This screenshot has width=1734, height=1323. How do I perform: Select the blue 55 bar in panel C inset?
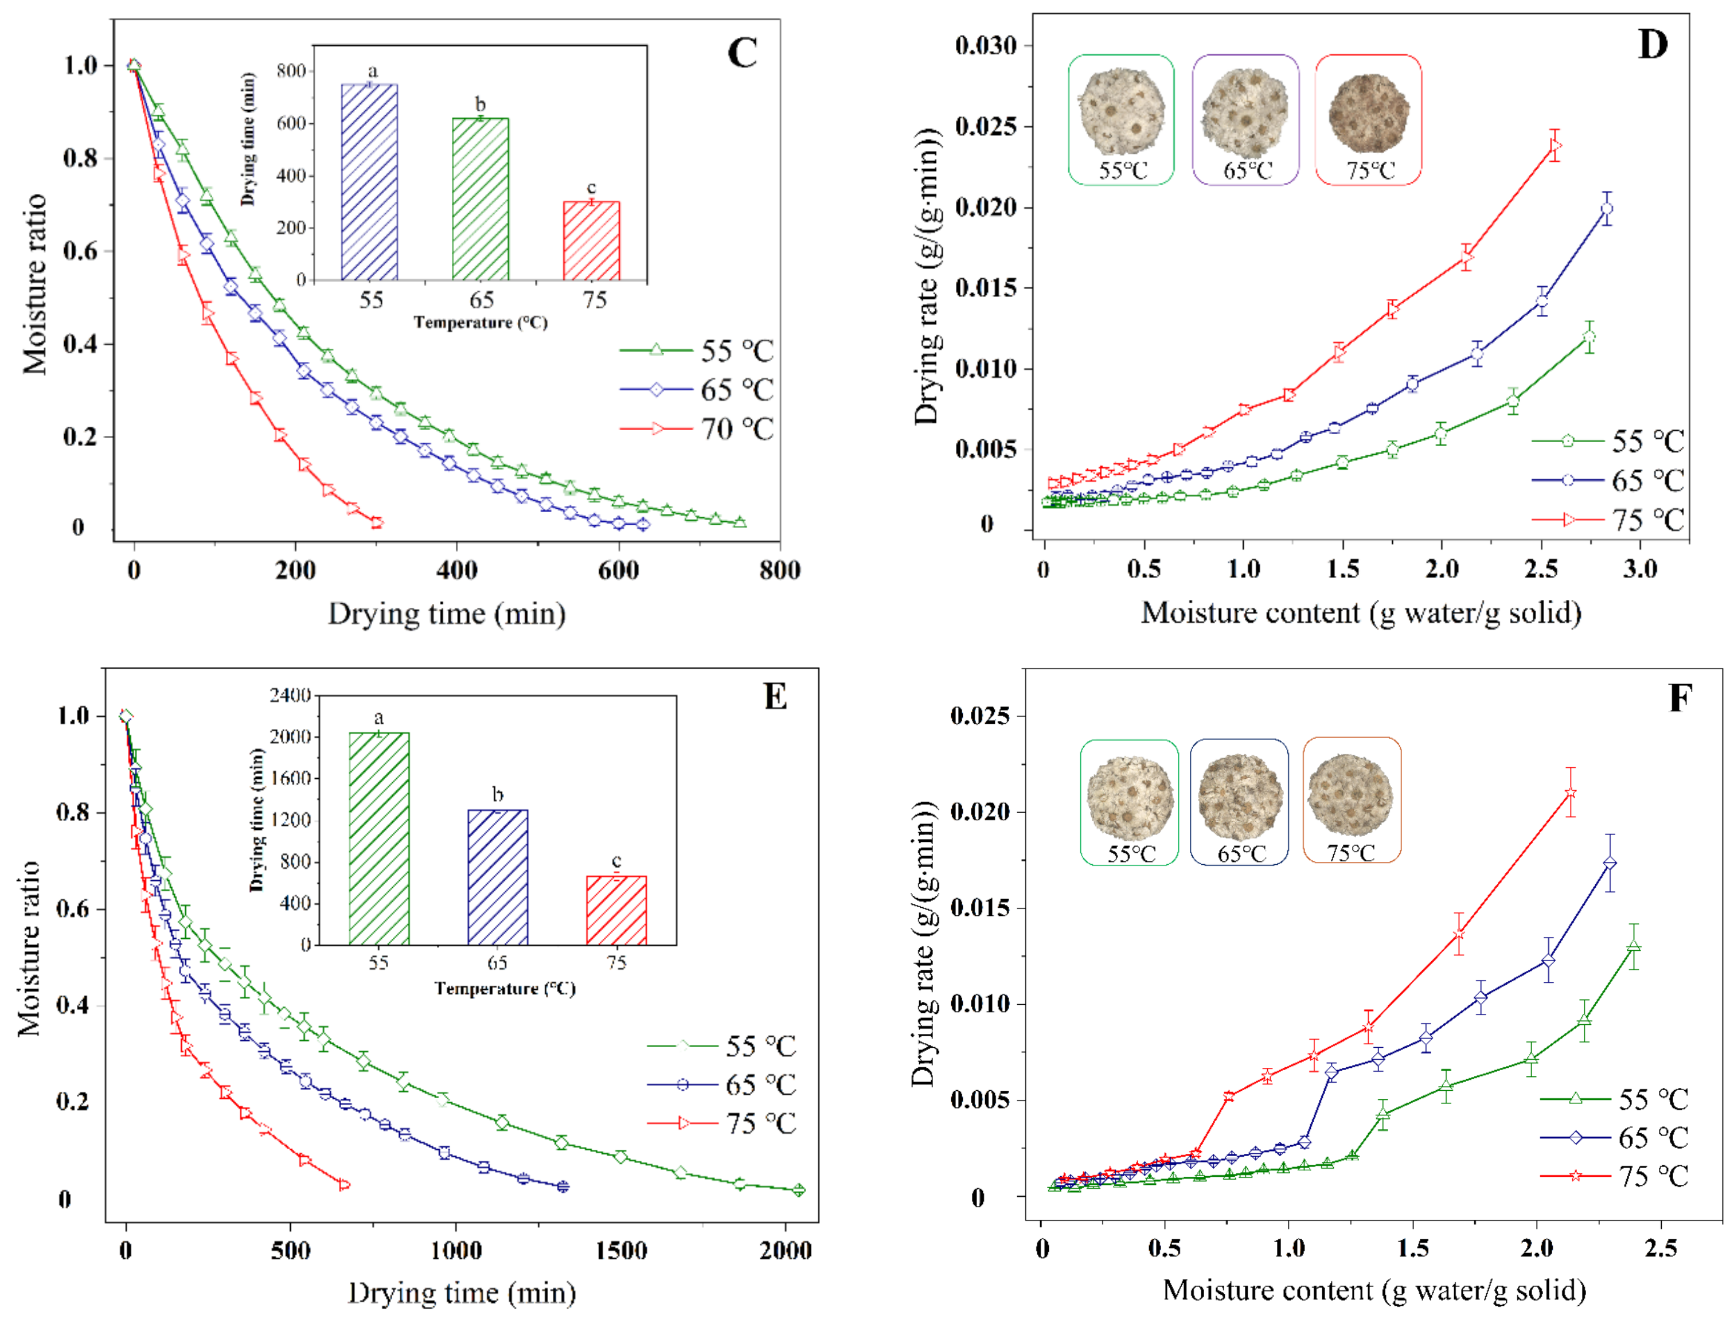coord(369,182)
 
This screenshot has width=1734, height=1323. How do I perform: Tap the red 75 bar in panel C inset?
coord(591,241)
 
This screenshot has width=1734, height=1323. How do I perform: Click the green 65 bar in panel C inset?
coord(481,199)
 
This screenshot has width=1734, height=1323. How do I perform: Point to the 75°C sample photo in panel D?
coord(1369,114)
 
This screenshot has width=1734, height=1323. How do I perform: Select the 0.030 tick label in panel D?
coord(986,46)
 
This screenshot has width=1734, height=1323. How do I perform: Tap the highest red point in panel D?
coord(1555,146)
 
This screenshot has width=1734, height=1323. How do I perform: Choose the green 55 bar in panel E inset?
coord(379,838)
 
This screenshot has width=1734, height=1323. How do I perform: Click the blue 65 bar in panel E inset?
coord(498,877)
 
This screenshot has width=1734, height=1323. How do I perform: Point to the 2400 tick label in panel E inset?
coord(290,696)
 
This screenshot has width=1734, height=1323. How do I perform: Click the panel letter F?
coord(1680,698)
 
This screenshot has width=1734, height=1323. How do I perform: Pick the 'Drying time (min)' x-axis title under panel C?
coord(447,614)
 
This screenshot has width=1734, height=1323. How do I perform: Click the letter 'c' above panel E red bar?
coord(616,860)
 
